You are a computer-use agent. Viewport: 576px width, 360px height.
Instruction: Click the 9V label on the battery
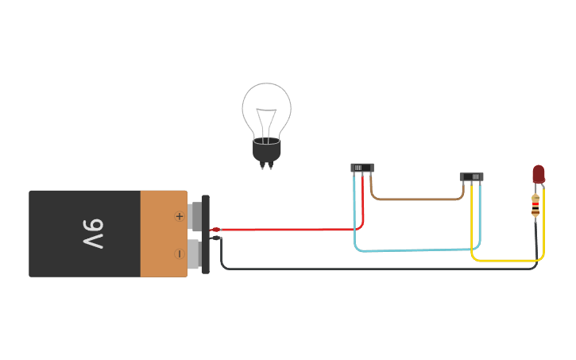[x=94, y=234]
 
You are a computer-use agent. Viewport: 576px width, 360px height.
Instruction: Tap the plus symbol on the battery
[x=179, y=216]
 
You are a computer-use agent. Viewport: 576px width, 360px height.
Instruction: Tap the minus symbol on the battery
[x=179, y=254]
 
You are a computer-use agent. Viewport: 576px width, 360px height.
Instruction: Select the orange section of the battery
[x=163, y=234]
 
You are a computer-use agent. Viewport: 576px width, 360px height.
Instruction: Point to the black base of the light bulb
[x=266, y=150]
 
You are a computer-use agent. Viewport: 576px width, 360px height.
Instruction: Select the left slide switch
[x=361, y=168]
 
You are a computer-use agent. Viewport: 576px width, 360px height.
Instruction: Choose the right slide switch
[x=471, y=176]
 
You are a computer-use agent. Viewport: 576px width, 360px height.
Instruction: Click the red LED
[x=539, y=173]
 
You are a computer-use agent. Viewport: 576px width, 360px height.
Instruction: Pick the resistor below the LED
[x=535, y=206]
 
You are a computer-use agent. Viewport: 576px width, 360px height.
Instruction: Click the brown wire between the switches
[x=417, y=199]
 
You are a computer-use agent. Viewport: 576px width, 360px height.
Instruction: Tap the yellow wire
[x=508, y=260]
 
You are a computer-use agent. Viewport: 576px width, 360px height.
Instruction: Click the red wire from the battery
[x=286, y=230]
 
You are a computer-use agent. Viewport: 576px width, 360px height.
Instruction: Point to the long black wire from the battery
[x=373, y=269]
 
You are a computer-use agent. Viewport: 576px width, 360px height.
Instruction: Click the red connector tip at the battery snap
[x=215, y=230]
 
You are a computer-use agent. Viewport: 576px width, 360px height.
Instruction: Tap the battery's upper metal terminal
[x=195, y=216]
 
